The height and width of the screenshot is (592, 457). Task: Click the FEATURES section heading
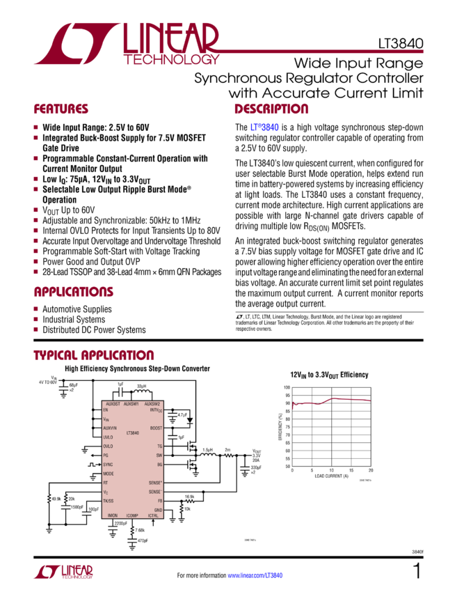click(61, 109)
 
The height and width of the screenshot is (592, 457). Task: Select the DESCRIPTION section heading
click(271, 109)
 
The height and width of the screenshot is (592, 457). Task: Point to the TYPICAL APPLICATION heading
click(90, 355)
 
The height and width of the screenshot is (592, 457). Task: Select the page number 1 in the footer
click(417, 572)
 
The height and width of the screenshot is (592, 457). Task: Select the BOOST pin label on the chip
click(156, 428)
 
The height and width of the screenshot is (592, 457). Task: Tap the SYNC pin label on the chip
click(109, 463)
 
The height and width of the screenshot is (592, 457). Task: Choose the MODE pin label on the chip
click(109, 473)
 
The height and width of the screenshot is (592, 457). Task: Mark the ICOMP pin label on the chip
click(133, 516)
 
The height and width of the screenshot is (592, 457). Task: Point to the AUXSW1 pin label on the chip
click(132, 404)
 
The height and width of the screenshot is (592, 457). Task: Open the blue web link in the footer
click(255, 576)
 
